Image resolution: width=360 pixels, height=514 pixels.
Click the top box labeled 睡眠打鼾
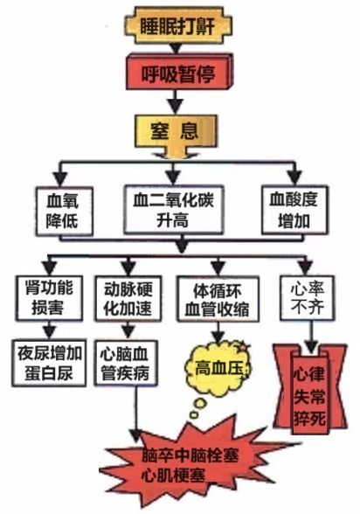178,26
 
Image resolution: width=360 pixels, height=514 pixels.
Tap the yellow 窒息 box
176,131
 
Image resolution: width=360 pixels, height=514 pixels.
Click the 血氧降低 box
64,211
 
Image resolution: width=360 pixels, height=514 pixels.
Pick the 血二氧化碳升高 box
174,210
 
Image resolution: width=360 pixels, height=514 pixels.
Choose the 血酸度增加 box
294,210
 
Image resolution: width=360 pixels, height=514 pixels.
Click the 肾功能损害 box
49,297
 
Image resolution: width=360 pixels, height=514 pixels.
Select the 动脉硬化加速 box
128,298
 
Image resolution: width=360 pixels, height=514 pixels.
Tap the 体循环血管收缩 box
218,299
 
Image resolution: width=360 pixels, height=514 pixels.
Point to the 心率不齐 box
308,298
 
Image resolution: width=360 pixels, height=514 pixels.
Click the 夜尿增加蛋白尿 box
49,363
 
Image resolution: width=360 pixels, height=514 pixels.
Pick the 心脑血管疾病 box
126,363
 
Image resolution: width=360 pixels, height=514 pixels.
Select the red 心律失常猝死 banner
309,390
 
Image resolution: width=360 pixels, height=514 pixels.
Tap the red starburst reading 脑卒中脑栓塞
190,465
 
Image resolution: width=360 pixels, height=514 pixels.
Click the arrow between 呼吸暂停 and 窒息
176,102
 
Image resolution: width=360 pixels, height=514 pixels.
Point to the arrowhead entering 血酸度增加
295,177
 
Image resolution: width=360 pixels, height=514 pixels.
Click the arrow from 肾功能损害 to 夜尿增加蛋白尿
49,330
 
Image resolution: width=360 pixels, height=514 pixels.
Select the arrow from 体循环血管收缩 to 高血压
218,332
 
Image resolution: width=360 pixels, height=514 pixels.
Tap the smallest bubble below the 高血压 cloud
194,415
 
